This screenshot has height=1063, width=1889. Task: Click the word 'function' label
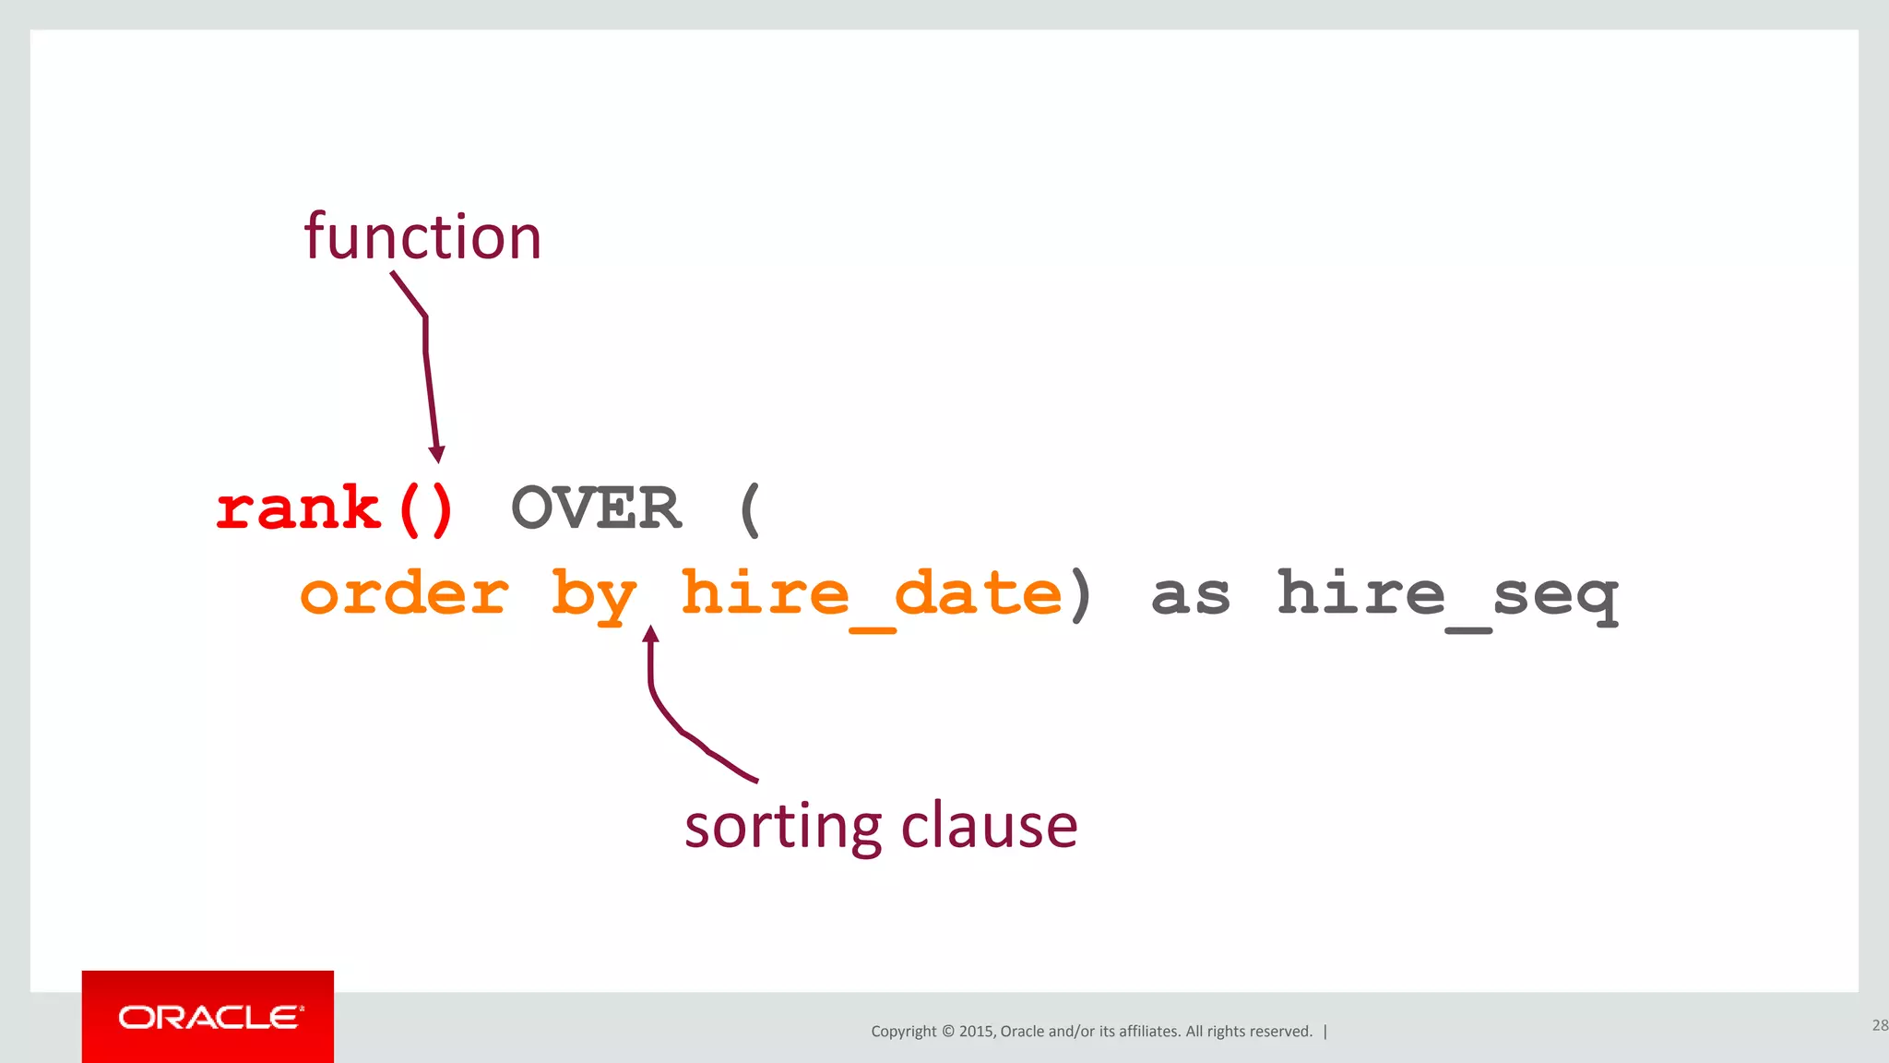422,237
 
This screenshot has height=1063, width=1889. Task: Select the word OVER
596,508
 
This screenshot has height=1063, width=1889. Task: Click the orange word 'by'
594,595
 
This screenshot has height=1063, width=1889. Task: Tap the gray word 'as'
1191,595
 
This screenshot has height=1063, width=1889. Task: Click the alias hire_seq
1447,595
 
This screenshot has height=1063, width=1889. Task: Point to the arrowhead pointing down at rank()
437,454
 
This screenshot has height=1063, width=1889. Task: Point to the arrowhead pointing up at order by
650,634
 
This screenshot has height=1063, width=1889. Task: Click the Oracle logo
208,1017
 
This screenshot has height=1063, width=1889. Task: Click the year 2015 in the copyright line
975,1032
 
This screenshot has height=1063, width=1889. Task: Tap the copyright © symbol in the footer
947,1032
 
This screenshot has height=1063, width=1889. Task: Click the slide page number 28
1879,1025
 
